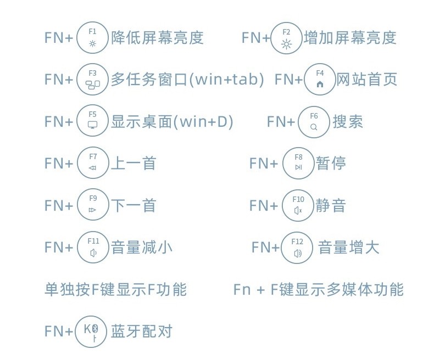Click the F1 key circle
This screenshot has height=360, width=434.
pyautogui.click(x=92, y=37)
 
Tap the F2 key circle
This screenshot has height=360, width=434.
pyautogui.click(x=286, y=37)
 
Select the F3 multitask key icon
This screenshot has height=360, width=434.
pyautogui.click(x=92, y=79)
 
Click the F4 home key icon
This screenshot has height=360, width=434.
pyautogui.click(x=320, y=79)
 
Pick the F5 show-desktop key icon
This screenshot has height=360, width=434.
pyautogui.click(x=92, y=121)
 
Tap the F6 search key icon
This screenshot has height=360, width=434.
pyautogui.click(x=314, y=121)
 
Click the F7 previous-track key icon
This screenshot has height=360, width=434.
pyautogui.click(x=92, y=163)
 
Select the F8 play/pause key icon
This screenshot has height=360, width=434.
pyautogui.click(x=298, y=163)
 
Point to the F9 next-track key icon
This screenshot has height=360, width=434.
pyautogui.click(x=92, y=205)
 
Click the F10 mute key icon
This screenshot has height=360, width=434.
pyautogui.click(x=298, y=205)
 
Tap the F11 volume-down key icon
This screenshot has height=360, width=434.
pyautogui.click(x=92, y=247)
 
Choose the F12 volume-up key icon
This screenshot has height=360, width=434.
pyautogui.click(x=297, y=247)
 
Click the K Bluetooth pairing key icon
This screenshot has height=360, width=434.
pyautogui.click(x=91, y=331)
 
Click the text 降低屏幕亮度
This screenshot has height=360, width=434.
pyautogui.click(x=157, y=37)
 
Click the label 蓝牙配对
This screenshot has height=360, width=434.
pyautogui.click(x=142, y=331)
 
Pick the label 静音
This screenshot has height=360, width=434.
pyautogui.click(x=331, y=205)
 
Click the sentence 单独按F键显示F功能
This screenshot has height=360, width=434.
pyautogui.click(x=115, y=289)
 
